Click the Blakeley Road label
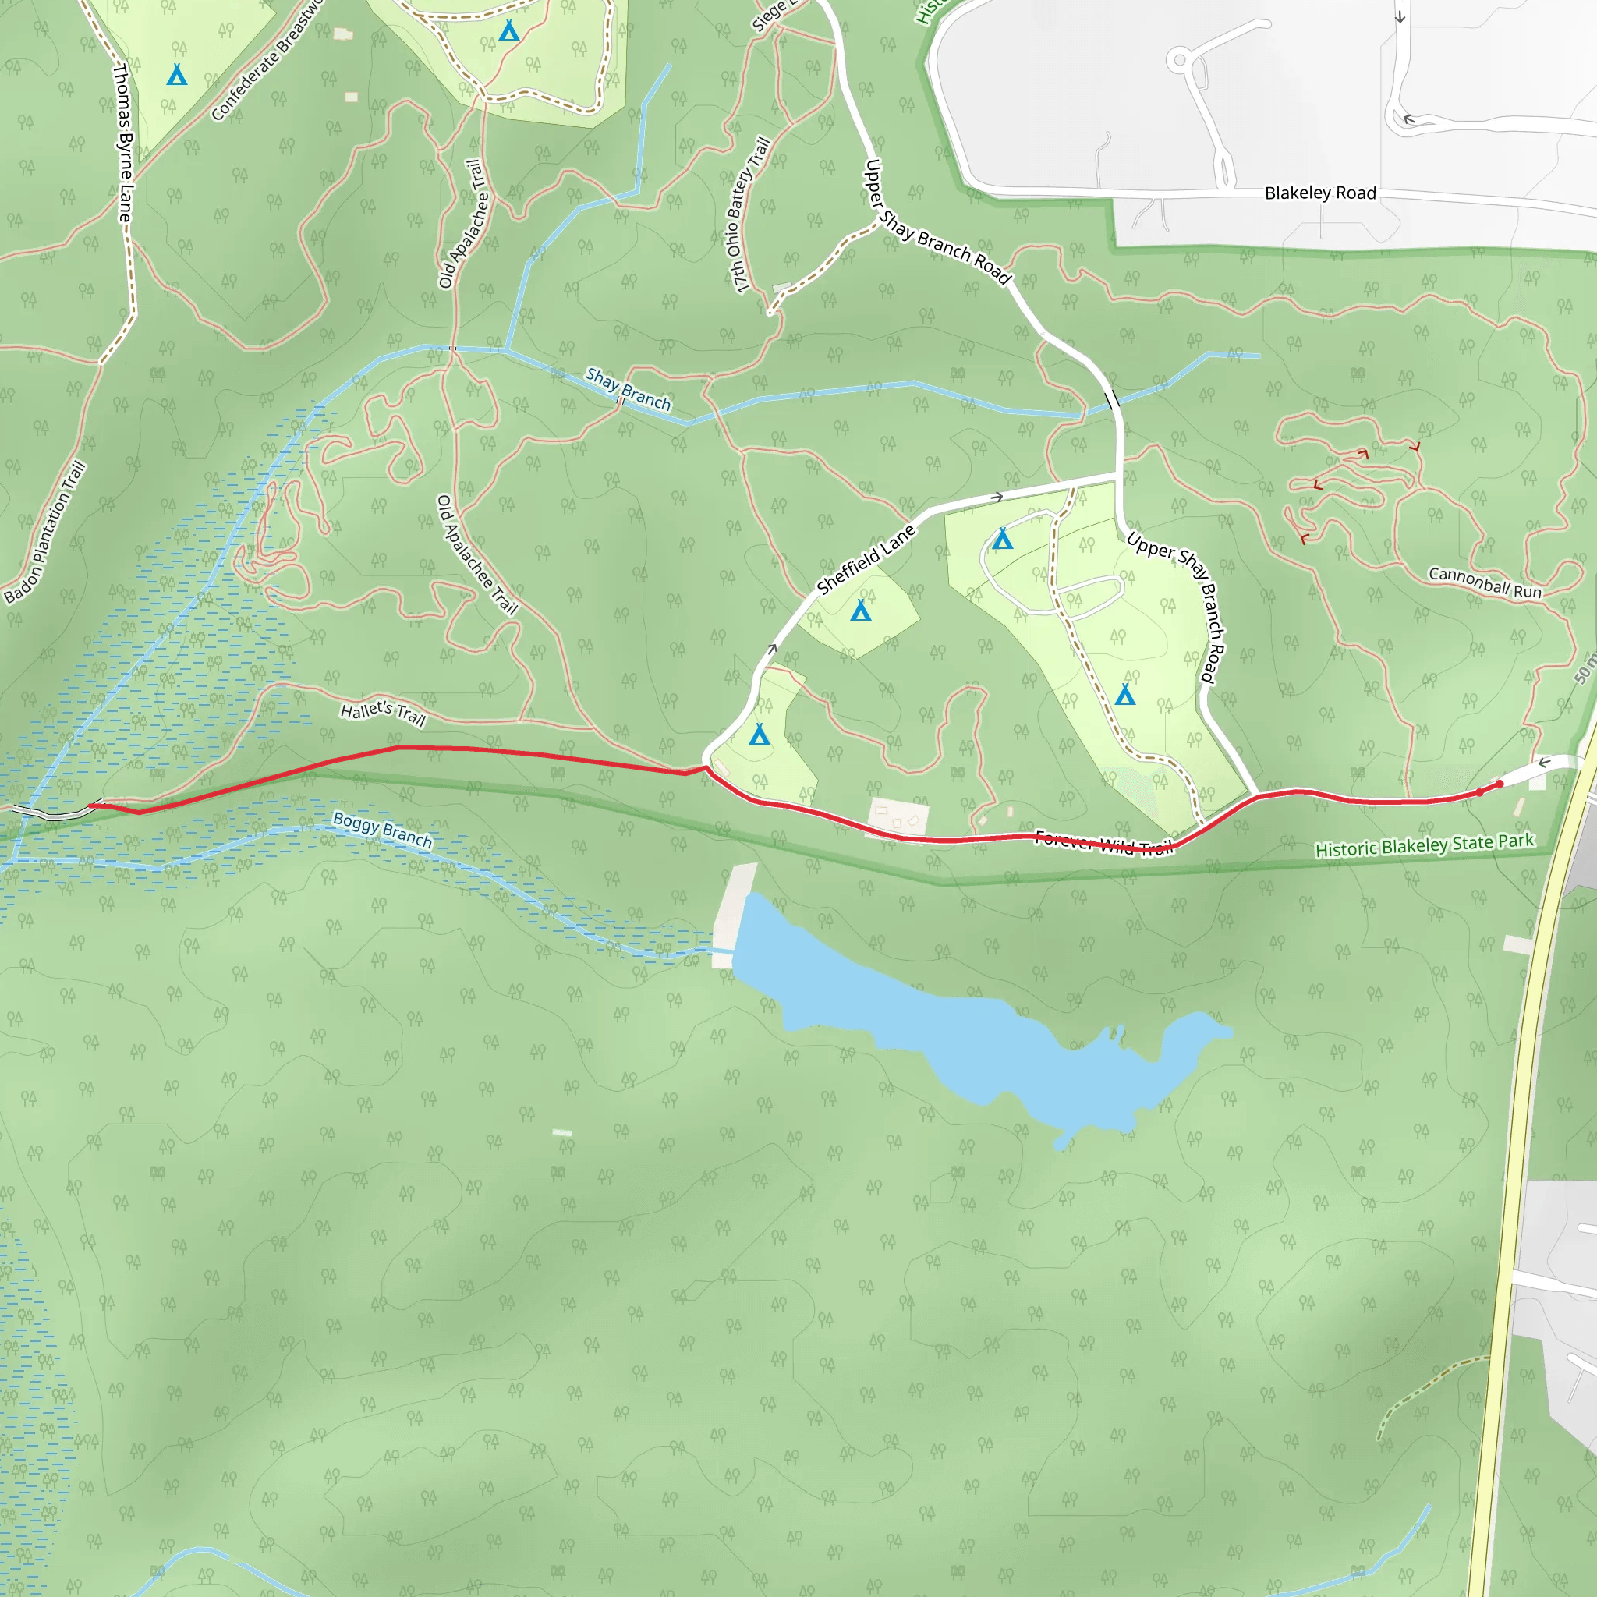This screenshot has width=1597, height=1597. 1320,193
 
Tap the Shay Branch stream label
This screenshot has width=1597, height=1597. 629,389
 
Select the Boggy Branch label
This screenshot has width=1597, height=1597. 382,829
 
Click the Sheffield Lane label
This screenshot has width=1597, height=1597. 866,560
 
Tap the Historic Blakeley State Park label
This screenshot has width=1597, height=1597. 1424,845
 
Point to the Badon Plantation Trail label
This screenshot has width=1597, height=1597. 45,533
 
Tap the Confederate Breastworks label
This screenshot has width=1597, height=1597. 266,62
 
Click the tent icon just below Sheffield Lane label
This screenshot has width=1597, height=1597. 861,611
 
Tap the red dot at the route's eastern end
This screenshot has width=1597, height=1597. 1500,784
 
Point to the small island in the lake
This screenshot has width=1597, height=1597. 1120,1032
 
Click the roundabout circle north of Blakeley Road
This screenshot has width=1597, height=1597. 1181,59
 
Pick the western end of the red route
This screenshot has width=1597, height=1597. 91,805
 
